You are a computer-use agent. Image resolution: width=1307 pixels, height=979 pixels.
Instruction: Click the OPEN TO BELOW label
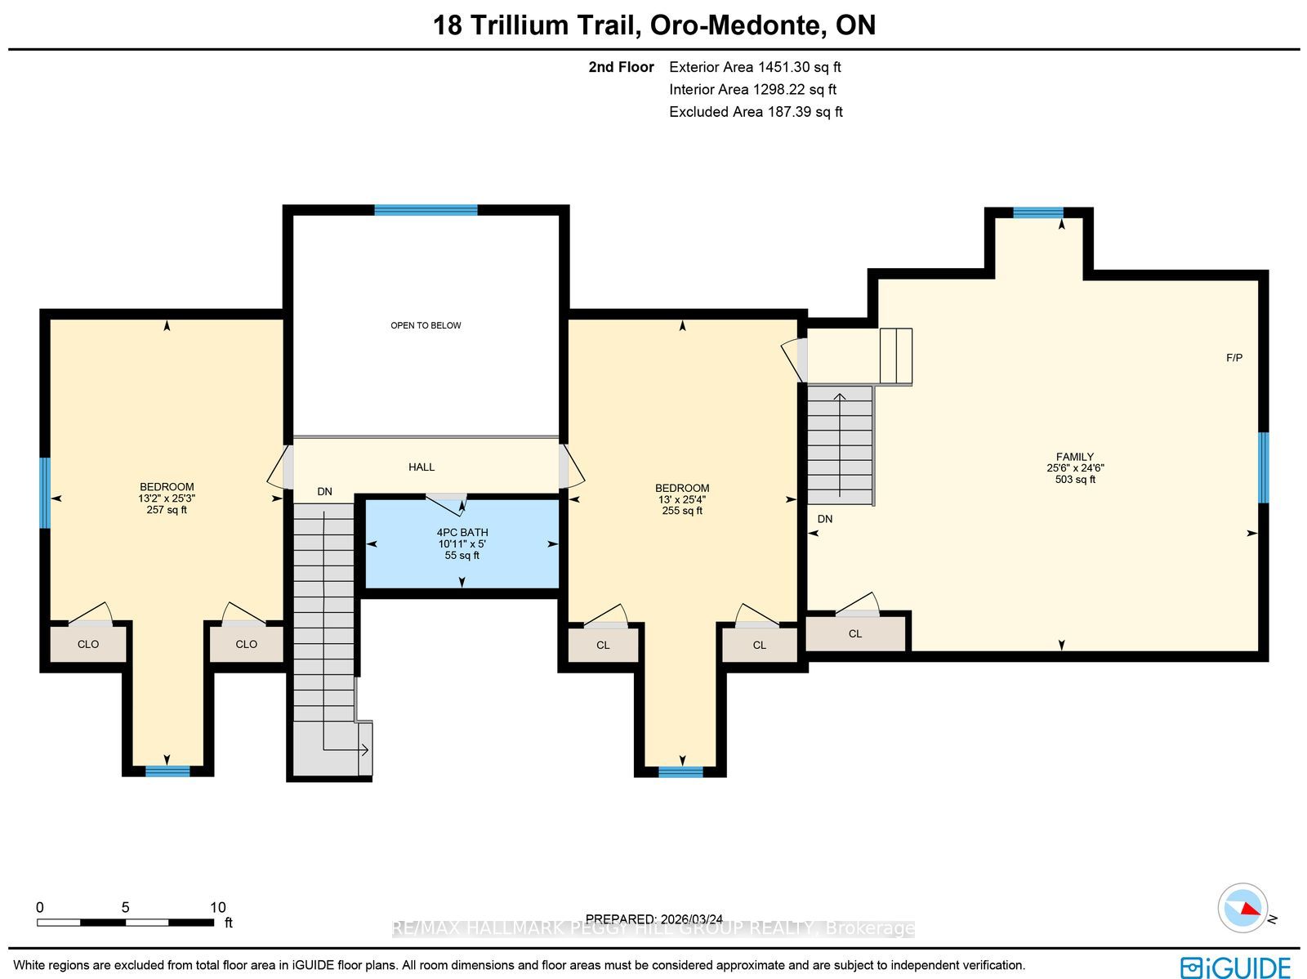425,325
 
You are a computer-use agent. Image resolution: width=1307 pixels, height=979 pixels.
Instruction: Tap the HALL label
421,467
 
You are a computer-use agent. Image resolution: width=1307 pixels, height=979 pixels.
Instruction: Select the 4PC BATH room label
462,532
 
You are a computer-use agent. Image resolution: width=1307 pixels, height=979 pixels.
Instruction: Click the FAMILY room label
1075,457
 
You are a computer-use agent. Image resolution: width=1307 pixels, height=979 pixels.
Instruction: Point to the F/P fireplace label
1233,357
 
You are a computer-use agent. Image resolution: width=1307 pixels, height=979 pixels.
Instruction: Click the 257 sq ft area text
167,510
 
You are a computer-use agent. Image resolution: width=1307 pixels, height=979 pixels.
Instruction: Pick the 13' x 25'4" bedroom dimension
682,499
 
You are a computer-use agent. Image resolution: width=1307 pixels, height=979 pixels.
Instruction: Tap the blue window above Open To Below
426,210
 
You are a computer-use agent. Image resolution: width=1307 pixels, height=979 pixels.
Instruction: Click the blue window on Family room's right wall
1263,467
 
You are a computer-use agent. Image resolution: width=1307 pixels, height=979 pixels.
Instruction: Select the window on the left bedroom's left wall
45,493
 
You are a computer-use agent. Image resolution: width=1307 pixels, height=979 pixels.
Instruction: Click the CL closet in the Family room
855,633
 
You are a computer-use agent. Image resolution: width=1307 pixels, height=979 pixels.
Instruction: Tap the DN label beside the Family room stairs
825,519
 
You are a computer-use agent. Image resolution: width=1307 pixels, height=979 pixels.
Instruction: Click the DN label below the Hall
324,491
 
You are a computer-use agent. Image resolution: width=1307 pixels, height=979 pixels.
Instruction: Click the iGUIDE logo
1235,967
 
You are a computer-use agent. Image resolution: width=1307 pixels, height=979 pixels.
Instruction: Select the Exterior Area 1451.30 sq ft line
755,67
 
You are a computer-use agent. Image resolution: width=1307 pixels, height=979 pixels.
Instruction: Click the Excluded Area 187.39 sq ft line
756,111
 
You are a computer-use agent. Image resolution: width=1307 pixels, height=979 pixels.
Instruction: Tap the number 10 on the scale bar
218,907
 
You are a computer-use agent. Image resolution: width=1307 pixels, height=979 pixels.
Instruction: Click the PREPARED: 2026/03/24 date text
653,919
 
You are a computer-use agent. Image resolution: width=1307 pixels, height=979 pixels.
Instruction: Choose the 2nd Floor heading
621,67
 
